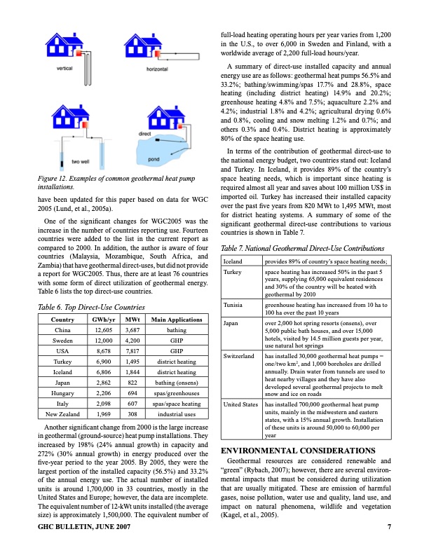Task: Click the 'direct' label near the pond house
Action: (x=146, y=133)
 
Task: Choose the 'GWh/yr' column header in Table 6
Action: (x=104, y=320)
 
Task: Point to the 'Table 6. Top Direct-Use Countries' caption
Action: (x=80, y=307)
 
